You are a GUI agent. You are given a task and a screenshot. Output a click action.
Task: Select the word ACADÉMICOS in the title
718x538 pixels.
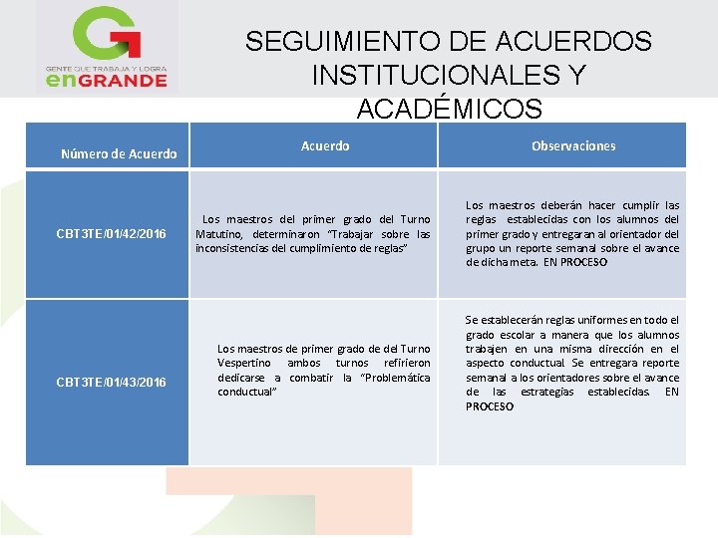[x=449, y=109]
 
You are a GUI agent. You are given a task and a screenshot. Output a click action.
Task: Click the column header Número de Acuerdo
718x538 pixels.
[x=119, y=153]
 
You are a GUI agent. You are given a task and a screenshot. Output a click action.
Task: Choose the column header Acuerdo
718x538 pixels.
[x=325, y=145]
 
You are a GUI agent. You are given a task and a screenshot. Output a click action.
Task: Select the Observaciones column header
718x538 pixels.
[x=573, y=145]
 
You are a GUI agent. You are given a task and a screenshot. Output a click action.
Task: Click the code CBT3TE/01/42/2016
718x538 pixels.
[x=112, y=234]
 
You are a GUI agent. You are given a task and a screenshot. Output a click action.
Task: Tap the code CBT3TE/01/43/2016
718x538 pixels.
[x=112, y=383]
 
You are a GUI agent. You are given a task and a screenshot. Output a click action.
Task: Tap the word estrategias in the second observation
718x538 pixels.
[x=545, y=392]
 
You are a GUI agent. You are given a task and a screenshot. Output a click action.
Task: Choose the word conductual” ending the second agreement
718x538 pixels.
[x=246, y=392]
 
